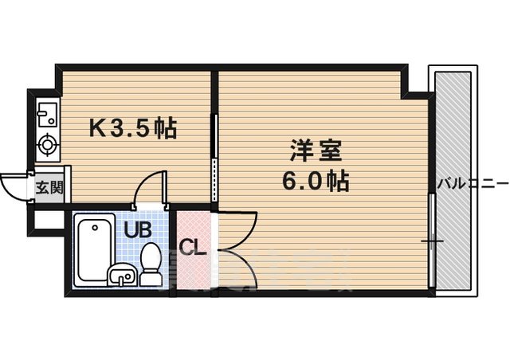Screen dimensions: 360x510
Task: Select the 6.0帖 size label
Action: click(x=315, y=182)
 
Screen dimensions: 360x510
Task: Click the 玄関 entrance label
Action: click(x=45, y=188)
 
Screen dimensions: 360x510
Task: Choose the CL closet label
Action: click(x=193, y=246)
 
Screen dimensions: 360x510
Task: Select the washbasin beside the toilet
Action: click(x=121, y=276)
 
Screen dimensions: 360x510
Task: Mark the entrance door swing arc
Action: click(x=11, y=188)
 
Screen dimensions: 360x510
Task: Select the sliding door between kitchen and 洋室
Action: click(x=214, y=159)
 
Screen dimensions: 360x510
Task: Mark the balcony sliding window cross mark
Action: click(x=431, y=240)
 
